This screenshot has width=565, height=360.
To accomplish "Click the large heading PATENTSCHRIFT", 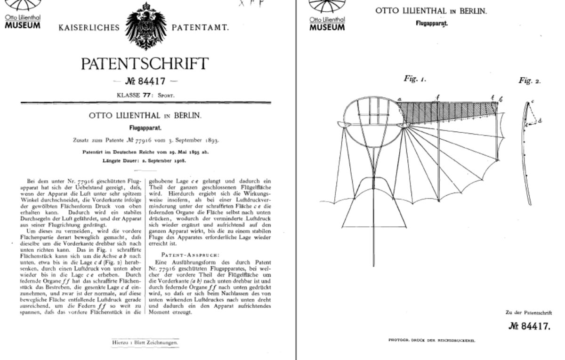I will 145,63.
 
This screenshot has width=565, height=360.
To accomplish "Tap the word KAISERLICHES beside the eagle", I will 89,28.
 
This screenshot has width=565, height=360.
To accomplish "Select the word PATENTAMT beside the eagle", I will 201,28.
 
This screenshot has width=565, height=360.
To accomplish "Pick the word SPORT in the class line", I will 166,95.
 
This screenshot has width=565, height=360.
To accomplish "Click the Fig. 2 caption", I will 530,81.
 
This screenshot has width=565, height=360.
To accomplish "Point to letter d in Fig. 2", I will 540,120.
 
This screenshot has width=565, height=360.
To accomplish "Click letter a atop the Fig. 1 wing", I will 399,99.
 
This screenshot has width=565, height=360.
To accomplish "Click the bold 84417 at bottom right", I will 529,326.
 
